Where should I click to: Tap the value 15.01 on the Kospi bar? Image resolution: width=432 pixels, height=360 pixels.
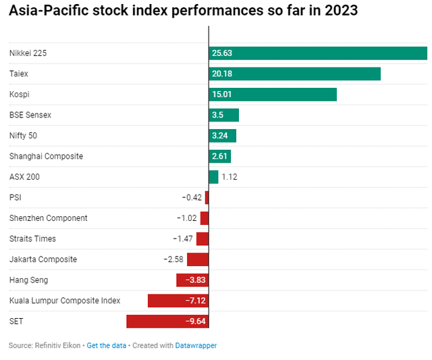point(223,95)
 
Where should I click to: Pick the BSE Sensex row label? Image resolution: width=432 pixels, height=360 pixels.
point(30,115)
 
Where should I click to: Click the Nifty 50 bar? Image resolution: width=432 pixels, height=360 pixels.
point(223,136)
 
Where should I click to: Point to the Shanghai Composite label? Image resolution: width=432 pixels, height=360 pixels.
point(46,156)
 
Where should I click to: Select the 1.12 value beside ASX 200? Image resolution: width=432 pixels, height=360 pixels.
point(230,177)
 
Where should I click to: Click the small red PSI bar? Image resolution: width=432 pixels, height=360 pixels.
point(207,197)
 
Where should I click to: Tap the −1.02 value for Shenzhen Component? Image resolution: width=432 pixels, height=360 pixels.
point(186,218)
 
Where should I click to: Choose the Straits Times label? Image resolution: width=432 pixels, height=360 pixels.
point(32,238)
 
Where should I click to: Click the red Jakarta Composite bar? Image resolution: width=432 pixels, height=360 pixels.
point(198,259)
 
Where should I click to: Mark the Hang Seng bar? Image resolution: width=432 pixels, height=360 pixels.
point(192,280)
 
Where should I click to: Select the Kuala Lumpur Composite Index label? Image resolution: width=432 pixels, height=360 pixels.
point(65,301)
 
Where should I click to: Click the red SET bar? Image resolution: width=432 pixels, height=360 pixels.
point(167,321)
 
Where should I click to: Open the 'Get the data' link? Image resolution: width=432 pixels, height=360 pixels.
point(107,345)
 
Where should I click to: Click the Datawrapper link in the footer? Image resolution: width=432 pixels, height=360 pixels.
point(196,345)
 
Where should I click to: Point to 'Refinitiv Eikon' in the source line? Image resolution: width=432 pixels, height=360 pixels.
point(57,345)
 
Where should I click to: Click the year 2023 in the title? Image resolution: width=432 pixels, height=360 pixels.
point(335,11)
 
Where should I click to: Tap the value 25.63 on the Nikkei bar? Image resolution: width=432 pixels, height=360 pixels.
point(223,53)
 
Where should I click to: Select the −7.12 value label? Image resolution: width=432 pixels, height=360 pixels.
point(195,301)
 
